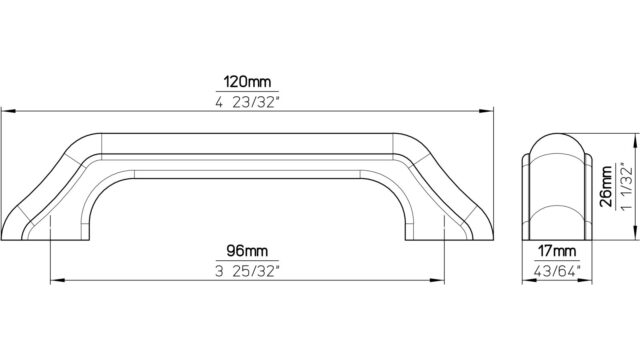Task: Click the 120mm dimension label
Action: tap(247, 82)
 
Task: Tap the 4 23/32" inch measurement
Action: tap(247, 102)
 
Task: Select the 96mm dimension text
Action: tap(247, 251)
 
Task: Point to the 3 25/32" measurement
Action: tap(247, 271)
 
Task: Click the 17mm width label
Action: tap(557, 251)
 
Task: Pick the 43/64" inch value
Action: tap(557, 271)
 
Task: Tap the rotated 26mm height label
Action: tap(607, 187)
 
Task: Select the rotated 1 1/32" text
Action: tap(627, 187)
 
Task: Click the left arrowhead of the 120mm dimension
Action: tap(8, 111)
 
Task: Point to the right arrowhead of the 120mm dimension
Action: tap(486, 111)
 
